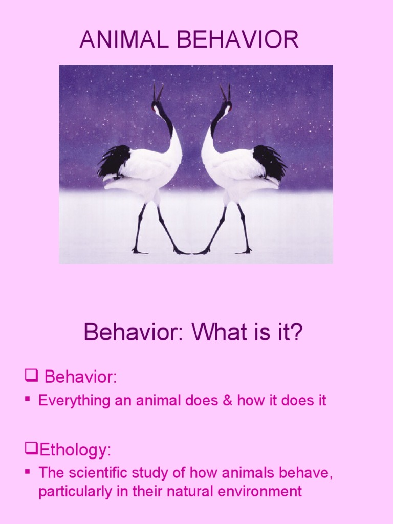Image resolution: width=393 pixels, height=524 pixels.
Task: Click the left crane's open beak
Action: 158,93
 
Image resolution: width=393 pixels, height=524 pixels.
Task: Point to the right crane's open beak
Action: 225,93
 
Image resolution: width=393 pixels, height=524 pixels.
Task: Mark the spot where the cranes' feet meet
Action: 192,252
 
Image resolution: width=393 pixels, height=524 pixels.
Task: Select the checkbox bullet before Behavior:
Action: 32,377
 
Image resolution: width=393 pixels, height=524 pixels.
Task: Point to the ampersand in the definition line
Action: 227,400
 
